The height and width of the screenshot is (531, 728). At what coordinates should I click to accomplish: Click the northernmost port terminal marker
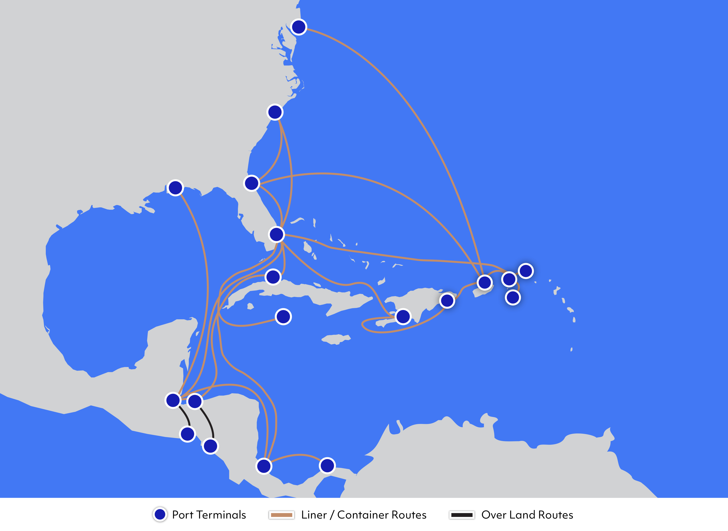tap(299, 27)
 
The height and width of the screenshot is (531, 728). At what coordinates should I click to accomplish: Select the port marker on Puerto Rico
tap(485, 282)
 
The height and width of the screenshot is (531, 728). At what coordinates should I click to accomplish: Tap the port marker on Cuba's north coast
tap(273, 277)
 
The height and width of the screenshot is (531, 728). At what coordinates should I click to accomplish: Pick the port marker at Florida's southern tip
tap(276, 234)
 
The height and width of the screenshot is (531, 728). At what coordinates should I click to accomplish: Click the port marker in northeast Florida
tap(252, 183)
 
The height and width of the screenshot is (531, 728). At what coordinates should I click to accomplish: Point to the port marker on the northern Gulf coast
tap(175, 188)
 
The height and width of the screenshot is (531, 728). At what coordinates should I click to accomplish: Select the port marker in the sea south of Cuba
tap(283, 317)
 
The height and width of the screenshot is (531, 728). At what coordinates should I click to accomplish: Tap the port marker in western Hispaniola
tap(403, 317)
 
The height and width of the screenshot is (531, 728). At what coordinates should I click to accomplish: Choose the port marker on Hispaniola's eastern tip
tap(447, 301)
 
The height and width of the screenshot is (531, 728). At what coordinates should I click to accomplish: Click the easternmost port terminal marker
tap(526, 271)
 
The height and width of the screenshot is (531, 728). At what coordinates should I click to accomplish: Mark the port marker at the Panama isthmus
tap(327, 465)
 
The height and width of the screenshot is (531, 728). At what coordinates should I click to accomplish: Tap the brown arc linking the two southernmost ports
tap(299, 455)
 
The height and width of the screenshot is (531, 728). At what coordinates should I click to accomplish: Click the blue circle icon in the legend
tap(160, 514)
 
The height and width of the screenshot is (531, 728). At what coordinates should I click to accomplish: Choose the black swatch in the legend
tap(462, 515)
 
